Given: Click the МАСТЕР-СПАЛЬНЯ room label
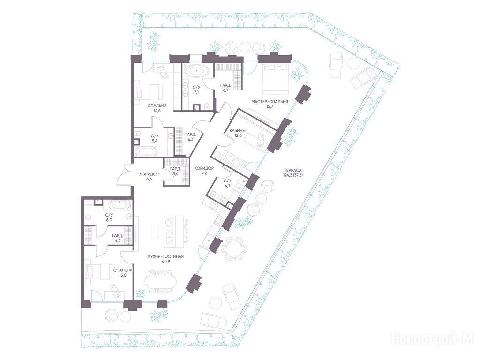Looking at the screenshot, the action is pyautogui.click(x=270, y=102).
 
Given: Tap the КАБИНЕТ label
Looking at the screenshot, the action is pyautogui.click(x=238, y=131).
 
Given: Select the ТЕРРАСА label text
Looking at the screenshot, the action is pyautogui.click(x=293, y=171).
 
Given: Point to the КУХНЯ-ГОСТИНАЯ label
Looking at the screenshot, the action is pyautogui.click(x=165, y=256).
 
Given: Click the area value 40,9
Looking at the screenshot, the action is pyautogui.click(x=165, y=262).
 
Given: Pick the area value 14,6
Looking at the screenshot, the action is pyautogui.click(x=157, y=111).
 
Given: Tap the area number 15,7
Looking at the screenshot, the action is pyautogui.click(x=270, y=107).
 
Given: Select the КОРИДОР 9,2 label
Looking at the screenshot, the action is pyautogui.click(x=204, y=171).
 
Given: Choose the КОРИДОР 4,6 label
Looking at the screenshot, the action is pyautogui.click(x=149, y=177).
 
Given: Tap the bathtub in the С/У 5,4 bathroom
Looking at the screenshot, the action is pyautogui.click(x=146, y=151).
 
